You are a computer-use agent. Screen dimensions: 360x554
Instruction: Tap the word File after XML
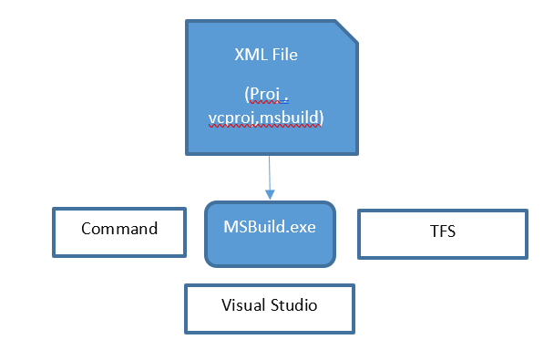click(284, 56)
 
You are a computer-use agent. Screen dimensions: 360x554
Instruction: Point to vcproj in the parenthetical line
click(231, 119)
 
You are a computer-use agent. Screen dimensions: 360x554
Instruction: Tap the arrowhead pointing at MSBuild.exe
click(269, 194)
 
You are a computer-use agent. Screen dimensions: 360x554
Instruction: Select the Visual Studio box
click(270, 307)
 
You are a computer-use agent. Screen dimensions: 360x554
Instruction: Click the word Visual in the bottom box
click(241, 305)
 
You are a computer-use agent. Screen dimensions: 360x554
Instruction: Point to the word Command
click(119, 228)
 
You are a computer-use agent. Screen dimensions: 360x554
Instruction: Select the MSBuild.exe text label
click(270, 226)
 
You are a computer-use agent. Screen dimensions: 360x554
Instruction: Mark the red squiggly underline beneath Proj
click(259, 105)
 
